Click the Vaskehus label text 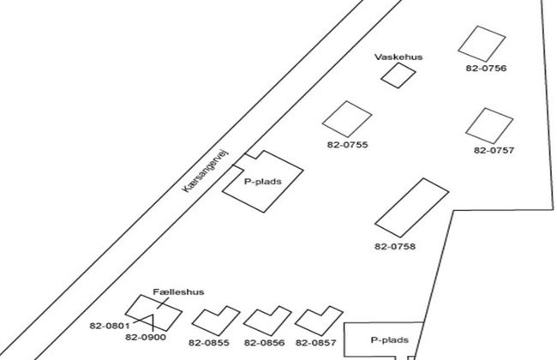[x=398, y=57]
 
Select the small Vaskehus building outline [x=398, y=75]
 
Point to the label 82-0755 [x=347, y=146]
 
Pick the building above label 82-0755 [x=347, y=119]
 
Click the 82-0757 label [x=494, y=150]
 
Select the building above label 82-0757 [x=489, y=125]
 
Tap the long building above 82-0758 [x=412, y=207]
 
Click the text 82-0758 [x=395, y=247]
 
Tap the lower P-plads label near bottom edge [x=388, y=340]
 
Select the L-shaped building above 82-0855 [x=214, y=320]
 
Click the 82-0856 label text [x=264, y=344]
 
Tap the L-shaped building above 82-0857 [x=316, y=319]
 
